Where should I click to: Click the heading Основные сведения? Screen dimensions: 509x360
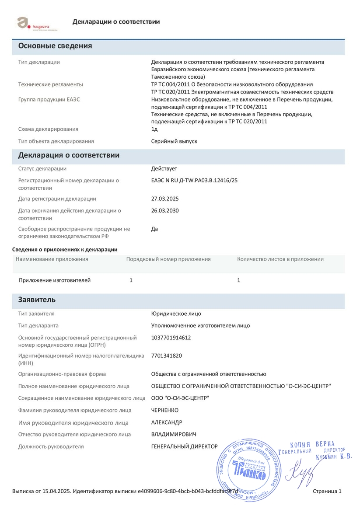pos(55,46)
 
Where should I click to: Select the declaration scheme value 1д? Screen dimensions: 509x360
pos(154,129)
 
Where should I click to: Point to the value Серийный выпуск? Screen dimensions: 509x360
pos(174,141)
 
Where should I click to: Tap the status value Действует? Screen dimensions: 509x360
pos(164,168)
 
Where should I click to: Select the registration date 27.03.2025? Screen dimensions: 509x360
pos(164,199)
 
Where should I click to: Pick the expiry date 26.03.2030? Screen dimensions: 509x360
pos(164,210)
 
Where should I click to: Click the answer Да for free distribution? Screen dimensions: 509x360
pos(154,229)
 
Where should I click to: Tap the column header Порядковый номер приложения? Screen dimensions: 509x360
pos(168,259)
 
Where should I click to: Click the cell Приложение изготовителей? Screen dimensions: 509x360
pos(55,280)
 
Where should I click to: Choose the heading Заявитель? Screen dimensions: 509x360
pos(37,300)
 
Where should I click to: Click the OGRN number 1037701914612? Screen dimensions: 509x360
pos(171,338)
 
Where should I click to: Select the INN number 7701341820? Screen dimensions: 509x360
pos(166,356)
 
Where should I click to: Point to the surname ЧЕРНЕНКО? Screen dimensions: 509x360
pos(164,410)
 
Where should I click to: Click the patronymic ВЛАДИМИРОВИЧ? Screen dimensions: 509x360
pos(173,434)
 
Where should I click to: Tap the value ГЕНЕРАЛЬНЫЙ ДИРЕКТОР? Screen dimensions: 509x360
pos(184,446)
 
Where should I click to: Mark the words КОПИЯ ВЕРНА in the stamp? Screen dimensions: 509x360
pos(312,444)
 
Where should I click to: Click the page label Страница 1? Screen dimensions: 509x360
pos(327,491)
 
